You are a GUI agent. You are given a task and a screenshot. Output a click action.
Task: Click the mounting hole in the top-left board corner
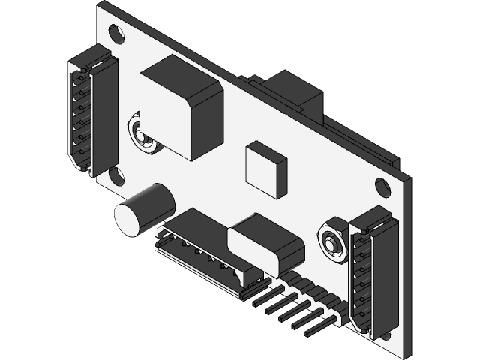tap(116, 34)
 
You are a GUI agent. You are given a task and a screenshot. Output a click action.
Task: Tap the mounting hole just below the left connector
tap(116, 177)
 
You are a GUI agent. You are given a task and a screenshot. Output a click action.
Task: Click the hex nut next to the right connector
tap(331, 242)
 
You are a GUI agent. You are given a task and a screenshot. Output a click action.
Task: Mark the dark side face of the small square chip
tap(280, 178)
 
